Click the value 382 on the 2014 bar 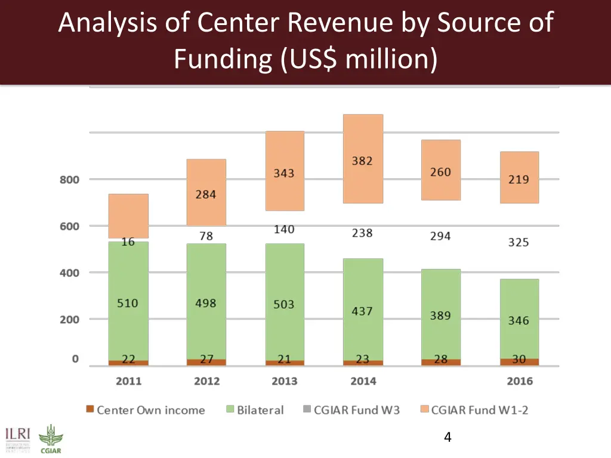pos(362,161)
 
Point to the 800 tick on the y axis pos(69,180)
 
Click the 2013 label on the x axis pos(285,381)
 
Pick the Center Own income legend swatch pos(90,410)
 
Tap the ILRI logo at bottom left pos(18,438)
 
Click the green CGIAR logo pos(50,439)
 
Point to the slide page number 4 pos(448,438)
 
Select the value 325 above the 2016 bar pos(519,242)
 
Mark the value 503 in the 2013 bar pos(284,304)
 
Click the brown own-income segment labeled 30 pos(519,360)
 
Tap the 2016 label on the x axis pos(519,381)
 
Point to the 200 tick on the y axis pos(69,320)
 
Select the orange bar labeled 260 pos(441,172)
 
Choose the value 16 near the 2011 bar pos(128,242)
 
